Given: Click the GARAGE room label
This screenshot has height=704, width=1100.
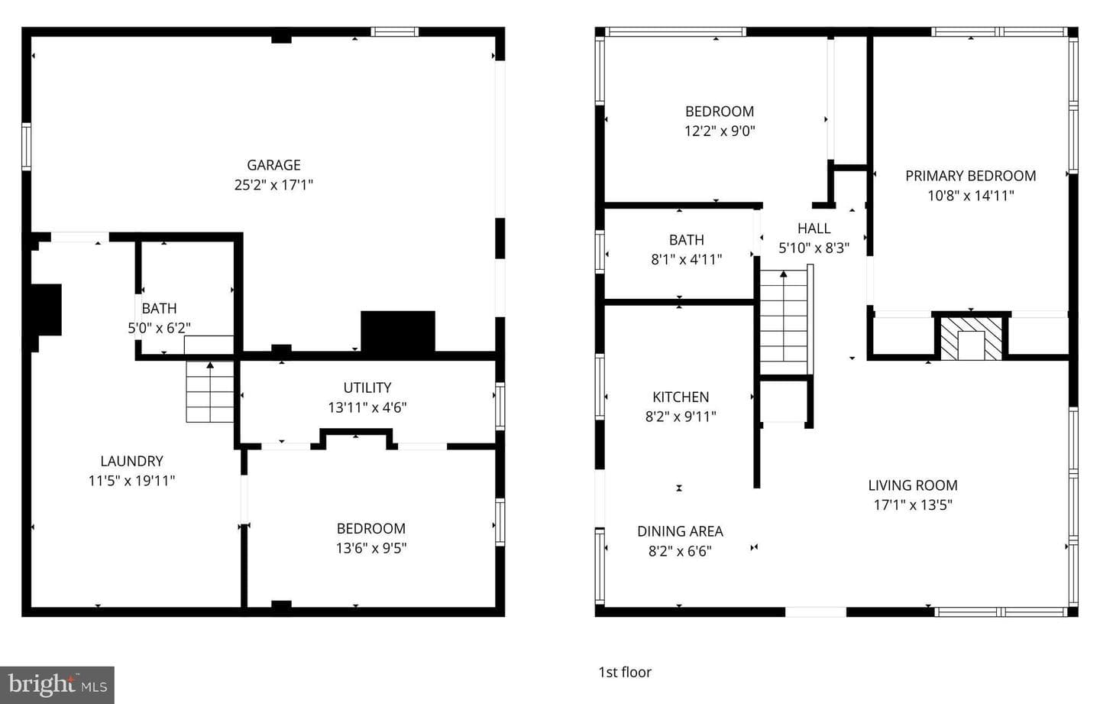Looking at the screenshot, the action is [273, 165].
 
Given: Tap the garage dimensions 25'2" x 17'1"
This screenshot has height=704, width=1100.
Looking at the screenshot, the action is [273, 185].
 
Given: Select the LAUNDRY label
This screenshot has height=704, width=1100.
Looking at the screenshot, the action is [131, 462].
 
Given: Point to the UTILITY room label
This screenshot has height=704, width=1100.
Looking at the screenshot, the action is [367, 388].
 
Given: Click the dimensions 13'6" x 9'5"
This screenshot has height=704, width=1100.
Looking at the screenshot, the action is [371, 548].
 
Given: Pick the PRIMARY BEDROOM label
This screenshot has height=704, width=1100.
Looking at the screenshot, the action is [971, 176].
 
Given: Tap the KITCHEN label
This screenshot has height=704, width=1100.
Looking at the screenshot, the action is [681, 397].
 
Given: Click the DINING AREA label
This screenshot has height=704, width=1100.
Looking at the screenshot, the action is [680, 531].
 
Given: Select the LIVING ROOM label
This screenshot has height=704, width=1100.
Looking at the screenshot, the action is [913, 485].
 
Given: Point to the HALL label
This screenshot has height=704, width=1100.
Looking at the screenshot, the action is [814, 229].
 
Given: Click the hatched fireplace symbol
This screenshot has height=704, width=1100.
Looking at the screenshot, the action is [971, 339].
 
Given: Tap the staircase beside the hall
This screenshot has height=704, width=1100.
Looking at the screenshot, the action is [785, 320].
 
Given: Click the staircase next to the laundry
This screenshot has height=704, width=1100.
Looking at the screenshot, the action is [209, 391].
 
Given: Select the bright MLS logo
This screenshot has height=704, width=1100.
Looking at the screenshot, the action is [57, 685].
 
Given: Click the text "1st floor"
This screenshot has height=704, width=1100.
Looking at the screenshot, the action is [625, 672].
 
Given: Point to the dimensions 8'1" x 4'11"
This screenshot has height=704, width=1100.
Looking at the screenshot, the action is [687, 259].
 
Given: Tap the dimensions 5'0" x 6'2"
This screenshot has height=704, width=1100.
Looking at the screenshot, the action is [159, 328].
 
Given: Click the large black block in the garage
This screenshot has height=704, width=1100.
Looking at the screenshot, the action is [398, 331].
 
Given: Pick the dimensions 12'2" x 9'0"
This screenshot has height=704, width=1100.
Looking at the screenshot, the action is [720, 131].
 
